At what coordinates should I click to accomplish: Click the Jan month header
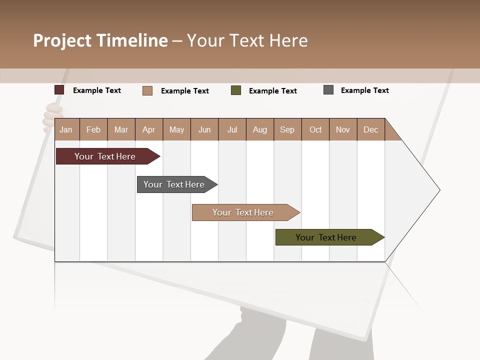(x=66, y=129)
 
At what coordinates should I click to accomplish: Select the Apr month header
(x=149, y=129)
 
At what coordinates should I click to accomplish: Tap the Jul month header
(x=232, y=129)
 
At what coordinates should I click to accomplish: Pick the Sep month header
(x=287, y=129)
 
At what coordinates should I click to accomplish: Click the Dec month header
(x=370, y=129)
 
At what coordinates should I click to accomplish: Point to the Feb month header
(x=93, y=129)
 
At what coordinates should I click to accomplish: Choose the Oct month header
(x=315, y=129)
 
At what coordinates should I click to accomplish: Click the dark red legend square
(x=59, y=90)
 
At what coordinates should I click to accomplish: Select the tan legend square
(x=147, y=90)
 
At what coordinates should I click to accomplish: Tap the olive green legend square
(x=236, y=90)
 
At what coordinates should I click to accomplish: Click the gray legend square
(x=328, y=90)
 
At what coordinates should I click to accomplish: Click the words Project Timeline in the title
(x=100, y=40)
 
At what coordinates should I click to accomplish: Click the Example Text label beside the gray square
(x=364, y=90)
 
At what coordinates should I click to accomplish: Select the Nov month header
(x=343, y=129)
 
